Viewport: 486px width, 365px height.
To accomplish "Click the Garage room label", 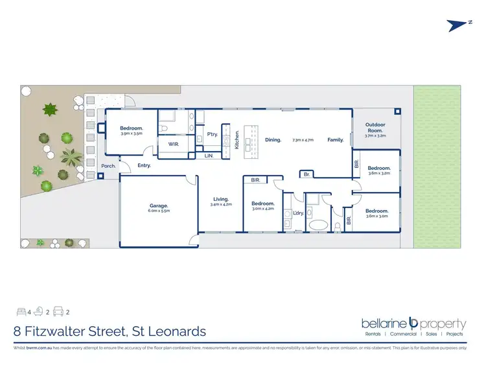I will click(x=159, y=206).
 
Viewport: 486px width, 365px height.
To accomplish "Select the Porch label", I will click(x=108, y=166).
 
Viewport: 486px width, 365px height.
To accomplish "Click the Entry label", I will click(x=144, y=166).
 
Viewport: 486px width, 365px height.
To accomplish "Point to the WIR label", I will click(x=174, y=143).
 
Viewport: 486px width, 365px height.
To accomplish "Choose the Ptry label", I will click(x=212, y=134).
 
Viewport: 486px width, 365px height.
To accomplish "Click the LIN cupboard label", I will click(x=209, y=156).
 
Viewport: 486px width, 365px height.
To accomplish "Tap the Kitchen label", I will click(x=237, y=140).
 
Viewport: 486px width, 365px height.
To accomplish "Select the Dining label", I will click(x=273, y=139).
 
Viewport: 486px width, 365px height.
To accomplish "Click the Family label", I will click(x=335, y=139).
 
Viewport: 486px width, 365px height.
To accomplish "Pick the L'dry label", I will click(x=299, y=213).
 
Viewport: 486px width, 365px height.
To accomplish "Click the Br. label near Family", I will click(x=306, y=174).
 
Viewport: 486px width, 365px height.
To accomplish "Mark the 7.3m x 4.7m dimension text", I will click(x=303, y=140).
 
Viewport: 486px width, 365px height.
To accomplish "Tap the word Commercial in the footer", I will click(x=403, y=335).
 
